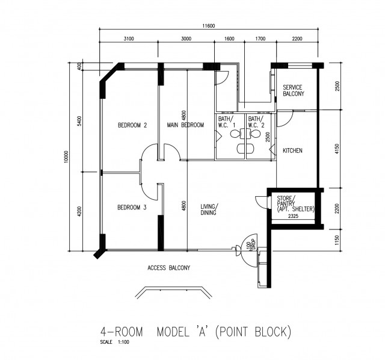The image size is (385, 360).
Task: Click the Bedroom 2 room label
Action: (x=132, y=125)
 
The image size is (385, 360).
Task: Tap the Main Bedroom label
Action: (x=185, y=125)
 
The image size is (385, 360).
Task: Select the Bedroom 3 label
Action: (x=132, y=208)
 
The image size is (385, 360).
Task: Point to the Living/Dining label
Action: (x=209, y=209)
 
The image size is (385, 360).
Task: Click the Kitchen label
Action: (x=292, y=151)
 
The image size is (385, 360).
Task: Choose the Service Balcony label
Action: (x=294, y=90)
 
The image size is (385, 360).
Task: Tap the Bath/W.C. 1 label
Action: (x=227, y=122)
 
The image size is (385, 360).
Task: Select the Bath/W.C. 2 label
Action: (x=256, y=122)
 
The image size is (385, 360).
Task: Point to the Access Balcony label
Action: (x=168, y=268)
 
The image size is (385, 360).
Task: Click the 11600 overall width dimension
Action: (x=209, y=26)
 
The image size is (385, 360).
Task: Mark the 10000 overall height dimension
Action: (x=67, y=157)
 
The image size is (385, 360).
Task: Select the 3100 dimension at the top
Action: (x=129, y=39)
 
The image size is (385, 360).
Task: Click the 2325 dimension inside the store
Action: (x=293, y=216)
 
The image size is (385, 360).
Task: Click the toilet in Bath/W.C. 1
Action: (x=235, y=134)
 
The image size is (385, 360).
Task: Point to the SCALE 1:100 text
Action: (x=114, y=342)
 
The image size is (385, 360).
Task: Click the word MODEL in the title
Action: (x=173, y=332)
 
